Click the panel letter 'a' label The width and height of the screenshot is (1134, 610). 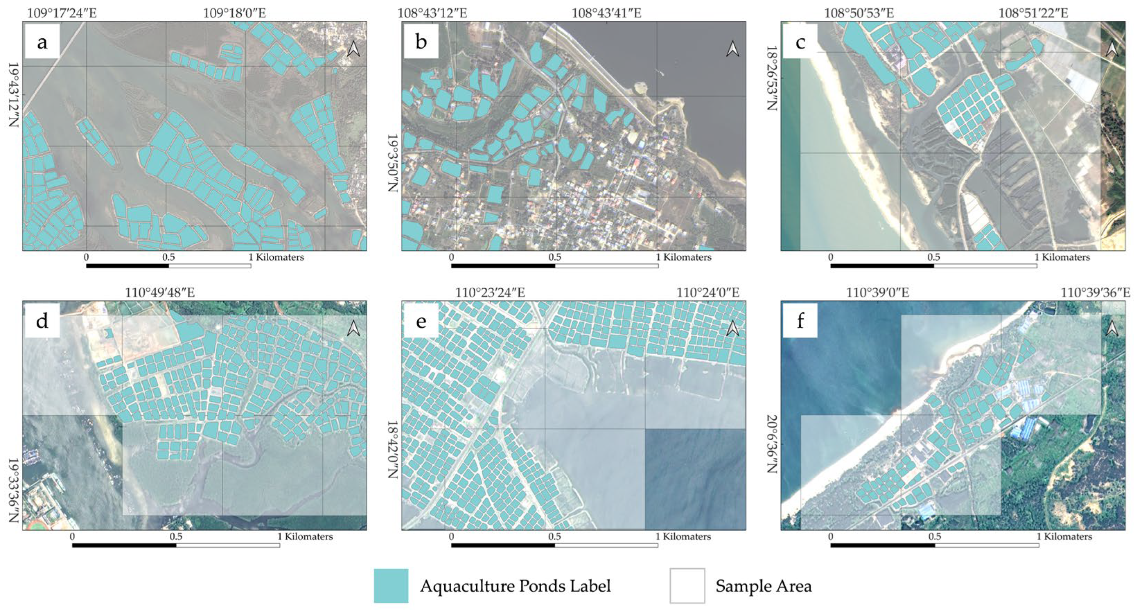[42, 42]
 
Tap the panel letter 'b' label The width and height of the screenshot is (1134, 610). [421, 42]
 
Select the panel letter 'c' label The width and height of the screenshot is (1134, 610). [800, 42]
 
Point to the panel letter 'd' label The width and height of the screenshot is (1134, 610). [42, 321]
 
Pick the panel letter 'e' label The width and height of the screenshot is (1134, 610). [421, 321]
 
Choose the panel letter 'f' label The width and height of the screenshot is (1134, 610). [800, 321]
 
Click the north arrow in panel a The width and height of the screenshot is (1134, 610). [353, 49]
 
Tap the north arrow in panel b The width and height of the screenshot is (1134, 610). [733, 49]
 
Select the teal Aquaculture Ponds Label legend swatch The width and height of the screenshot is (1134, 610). [391, 586]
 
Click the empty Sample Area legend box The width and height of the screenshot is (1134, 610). [687, 586]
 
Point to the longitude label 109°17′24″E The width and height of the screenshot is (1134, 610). [62, 13]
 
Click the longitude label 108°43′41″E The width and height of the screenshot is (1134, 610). [606, 13]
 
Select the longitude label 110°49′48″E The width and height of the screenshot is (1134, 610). [160, 292]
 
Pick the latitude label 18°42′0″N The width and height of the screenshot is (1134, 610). [393, 449]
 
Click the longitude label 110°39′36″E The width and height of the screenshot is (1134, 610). [1095, 292]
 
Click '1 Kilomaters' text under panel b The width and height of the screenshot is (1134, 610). [683, 257]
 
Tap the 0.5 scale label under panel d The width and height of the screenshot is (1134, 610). [176, 536]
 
